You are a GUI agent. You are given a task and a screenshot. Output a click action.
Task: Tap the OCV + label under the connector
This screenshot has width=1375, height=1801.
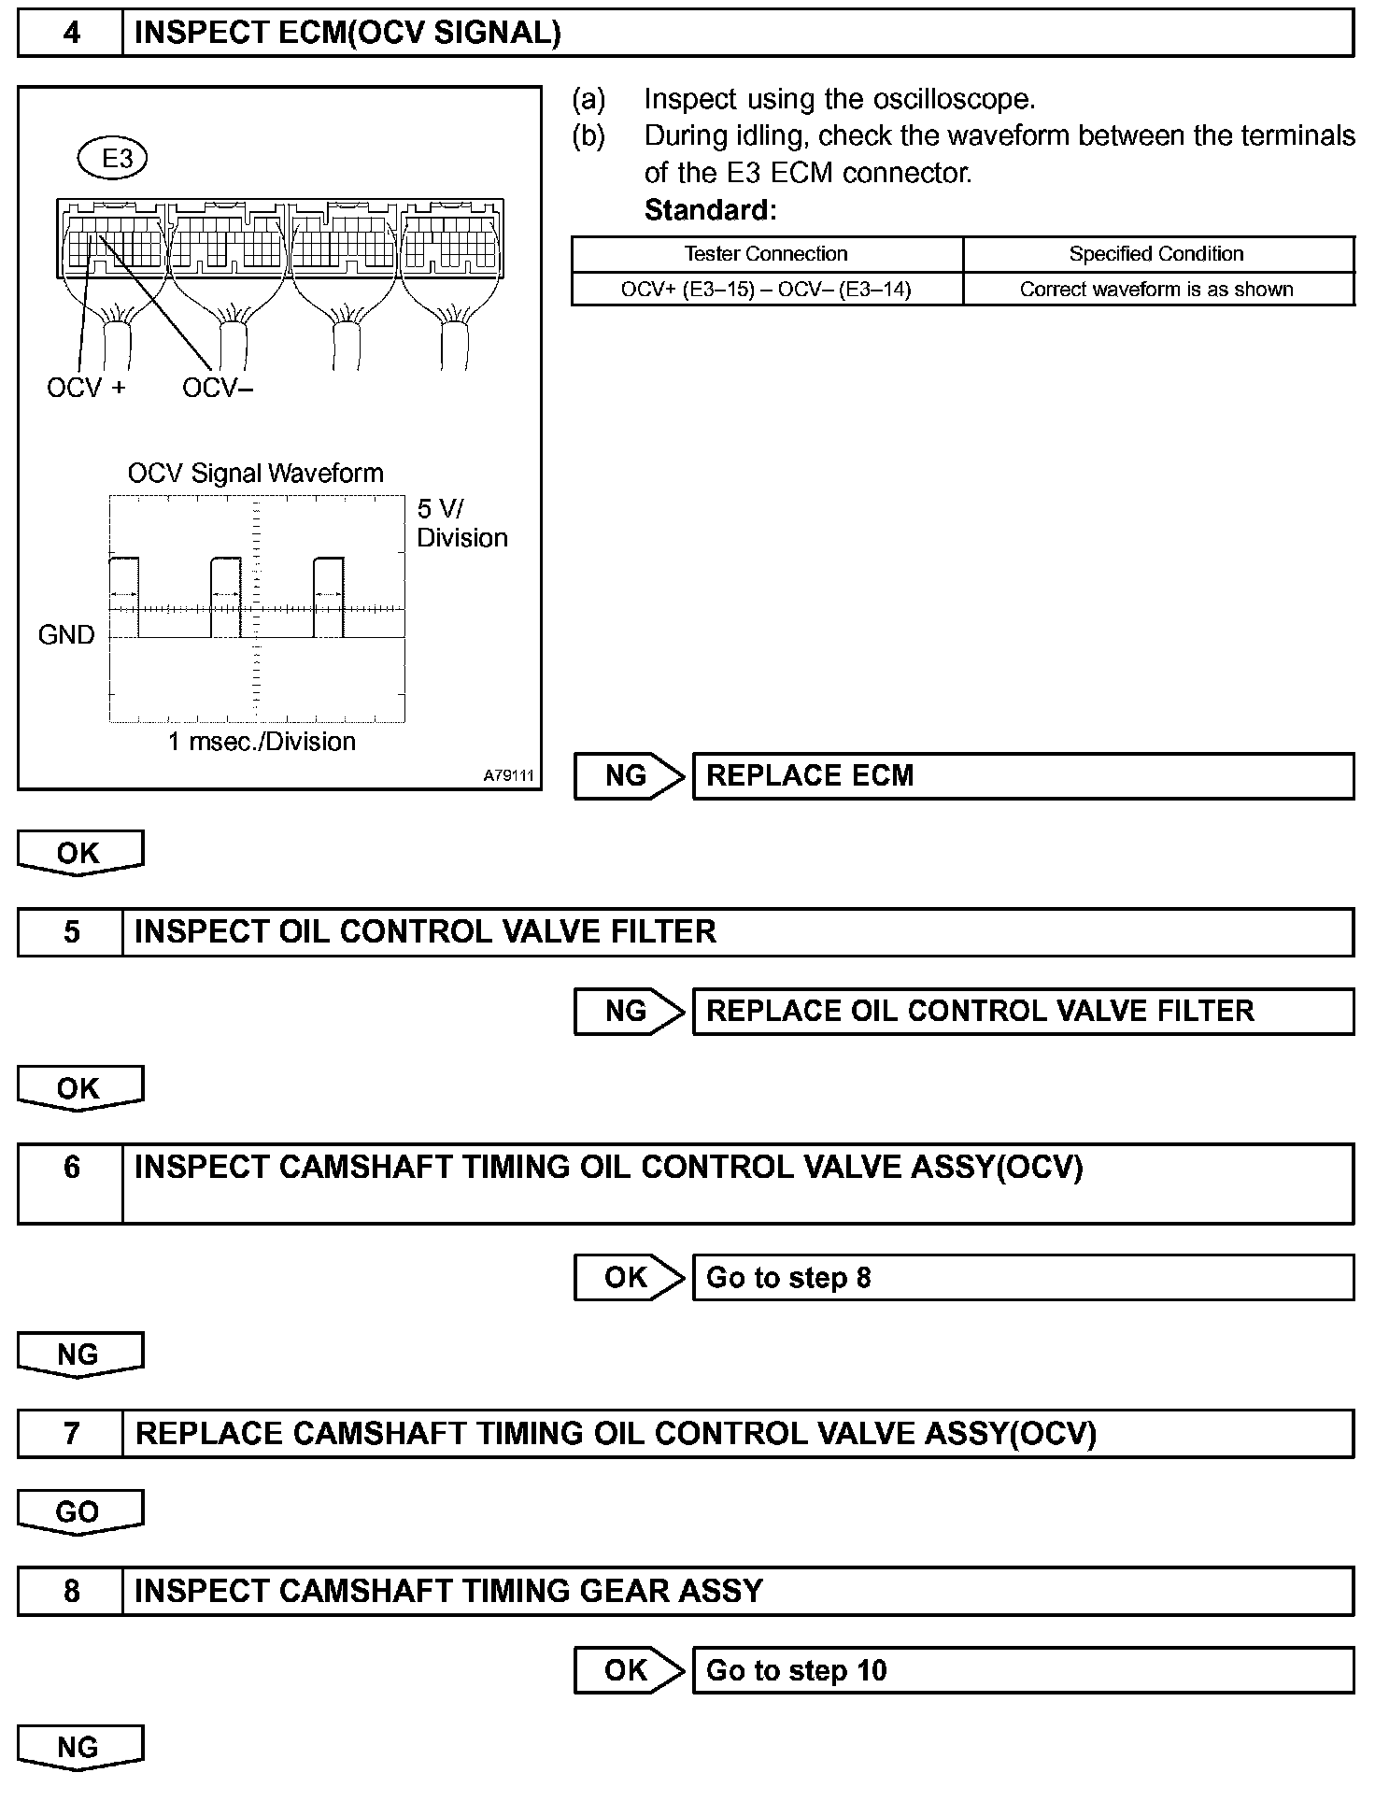pyautogui.click(x=86, y=388)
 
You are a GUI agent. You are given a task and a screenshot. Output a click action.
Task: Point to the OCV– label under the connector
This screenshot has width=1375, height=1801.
pyautogui.click(x=218, y=388)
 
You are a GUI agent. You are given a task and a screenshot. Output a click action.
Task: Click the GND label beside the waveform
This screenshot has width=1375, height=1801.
pyautogui.click(x=66, y=635)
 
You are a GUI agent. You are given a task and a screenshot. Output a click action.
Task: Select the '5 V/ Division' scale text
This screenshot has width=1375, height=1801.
pyautogui.click(x=461, y=523)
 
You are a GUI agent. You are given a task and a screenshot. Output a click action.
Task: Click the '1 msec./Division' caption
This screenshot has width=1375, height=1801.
pyautogui.click(x=262, y=742)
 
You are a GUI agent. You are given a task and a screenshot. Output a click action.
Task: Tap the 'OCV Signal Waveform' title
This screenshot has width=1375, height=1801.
pyautogui.click(x=256, y=473)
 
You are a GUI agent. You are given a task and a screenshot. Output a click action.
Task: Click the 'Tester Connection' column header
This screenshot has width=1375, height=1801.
pyautogui.click(x=766, y=254)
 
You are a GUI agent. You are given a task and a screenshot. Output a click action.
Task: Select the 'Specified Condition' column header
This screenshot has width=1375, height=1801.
pyautogui.click(x=1156, y=254)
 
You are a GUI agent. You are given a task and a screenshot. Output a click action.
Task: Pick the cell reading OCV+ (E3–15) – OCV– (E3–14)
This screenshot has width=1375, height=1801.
pyautogui.click(x=766, y=290)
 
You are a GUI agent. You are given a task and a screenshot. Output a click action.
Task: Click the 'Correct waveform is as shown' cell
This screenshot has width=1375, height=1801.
pyautogui.click(x=1156, y=290)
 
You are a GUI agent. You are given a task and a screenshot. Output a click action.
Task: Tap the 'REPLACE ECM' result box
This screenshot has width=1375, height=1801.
pyautogui.click(x=1023, y=776)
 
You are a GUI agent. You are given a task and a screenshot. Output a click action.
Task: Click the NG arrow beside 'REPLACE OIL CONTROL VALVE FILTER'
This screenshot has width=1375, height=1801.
pyautogui.click(x=629, y=1012)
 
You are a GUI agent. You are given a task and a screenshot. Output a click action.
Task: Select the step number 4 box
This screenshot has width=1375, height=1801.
pyautogui.click(x=71, y=34)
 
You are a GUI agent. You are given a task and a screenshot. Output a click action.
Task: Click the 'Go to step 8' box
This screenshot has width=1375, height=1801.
pyautogui.click(x=1023, y=1278)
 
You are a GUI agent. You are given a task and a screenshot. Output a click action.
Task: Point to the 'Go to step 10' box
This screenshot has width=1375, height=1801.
pyautogui.click(x=1023, y=1670)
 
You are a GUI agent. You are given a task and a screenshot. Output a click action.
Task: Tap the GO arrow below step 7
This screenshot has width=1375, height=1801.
pyautogui.click(x=79, y=1513)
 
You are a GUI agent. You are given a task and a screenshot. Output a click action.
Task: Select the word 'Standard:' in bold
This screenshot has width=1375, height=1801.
pyautogui.click(x=710, y=210)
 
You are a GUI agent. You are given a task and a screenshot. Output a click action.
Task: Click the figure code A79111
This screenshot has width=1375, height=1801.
pyautogui.click(x=508, y=775)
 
